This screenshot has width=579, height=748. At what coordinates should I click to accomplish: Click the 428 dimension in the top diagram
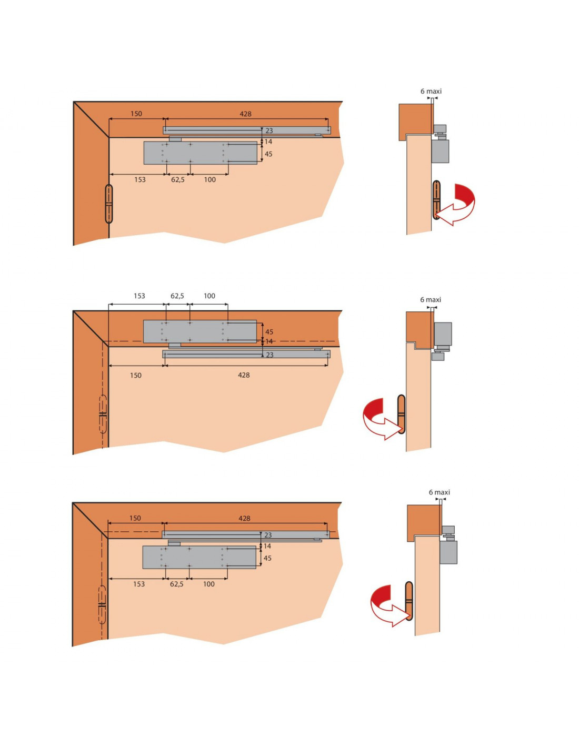click(x=245, y=114)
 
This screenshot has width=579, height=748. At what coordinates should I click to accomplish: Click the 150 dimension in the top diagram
click(x=136, y=114)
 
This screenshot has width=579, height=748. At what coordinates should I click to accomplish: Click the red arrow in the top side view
click(x=456, y=205)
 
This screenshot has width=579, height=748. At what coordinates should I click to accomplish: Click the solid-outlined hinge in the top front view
click(x=109, y=204)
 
